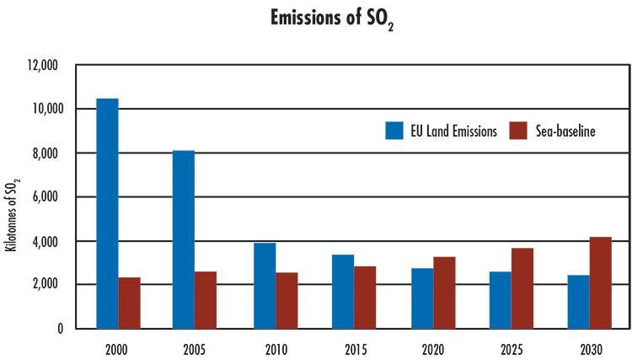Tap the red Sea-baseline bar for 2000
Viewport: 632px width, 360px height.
coord(129,303)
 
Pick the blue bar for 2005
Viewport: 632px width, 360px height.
coord(183,239)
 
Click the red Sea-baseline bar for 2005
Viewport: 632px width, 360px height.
coord(206,299)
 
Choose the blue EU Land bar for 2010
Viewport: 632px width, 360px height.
coord(265,286)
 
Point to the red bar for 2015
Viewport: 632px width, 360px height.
coord(365,297)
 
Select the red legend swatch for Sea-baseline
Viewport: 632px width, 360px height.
coord(519,131)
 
